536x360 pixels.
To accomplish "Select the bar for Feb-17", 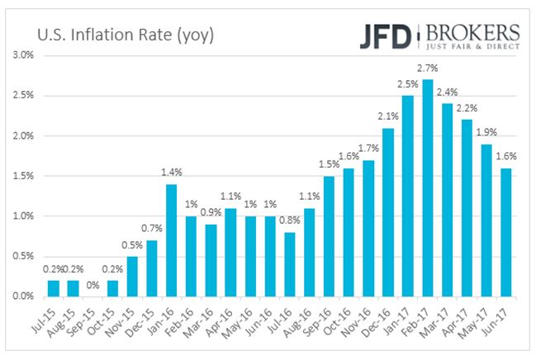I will click(427, 187).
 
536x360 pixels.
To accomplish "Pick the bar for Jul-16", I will click(289, 263).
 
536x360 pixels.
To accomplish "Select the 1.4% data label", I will click(170, 174).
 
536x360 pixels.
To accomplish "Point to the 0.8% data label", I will click(289, 222).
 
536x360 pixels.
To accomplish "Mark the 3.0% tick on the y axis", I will click(21, 55).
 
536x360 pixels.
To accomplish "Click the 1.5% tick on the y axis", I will click(21, 176).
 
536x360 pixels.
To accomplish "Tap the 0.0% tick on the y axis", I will click(21, 296).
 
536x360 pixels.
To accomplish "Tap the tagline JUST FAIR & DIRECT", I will click(473, 48).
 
